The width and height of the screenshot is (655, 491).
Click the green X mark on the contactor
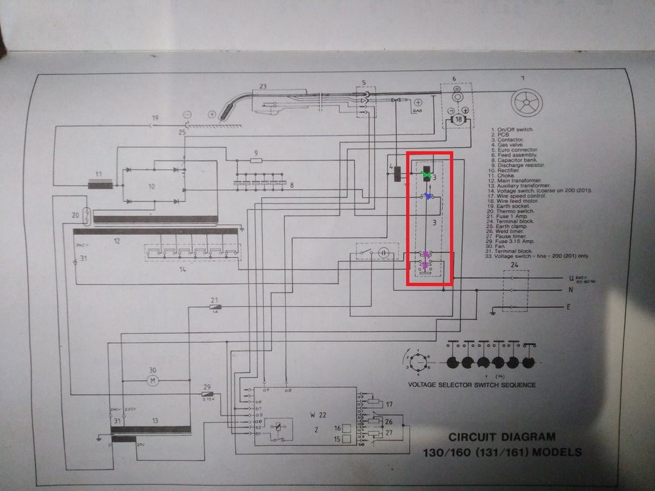tap(427, 175)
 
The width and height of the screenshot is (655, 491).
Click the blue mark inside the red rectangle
tap(428, 196)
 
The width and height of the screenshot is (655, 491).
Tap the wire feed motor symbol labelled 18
tap(458, 120)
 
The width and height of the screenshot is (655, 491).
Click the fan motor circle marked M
tap(152, 380)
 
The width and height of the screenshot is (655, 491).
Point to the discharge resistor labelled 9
tap(255, 159)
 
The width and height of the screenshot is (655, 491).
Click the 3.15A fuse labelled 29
tap(206, 395)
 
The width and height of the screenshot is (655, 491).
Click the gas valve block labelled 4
tap(398, 173)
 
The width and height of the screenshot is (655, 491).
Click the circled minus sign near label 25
tap(187, 113)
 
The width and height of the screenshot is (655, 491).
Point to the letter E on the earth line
tap(569, 306)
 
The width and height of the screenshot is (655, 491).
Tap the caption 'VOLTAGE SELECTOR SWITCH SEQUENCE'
tap(471, 385)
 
